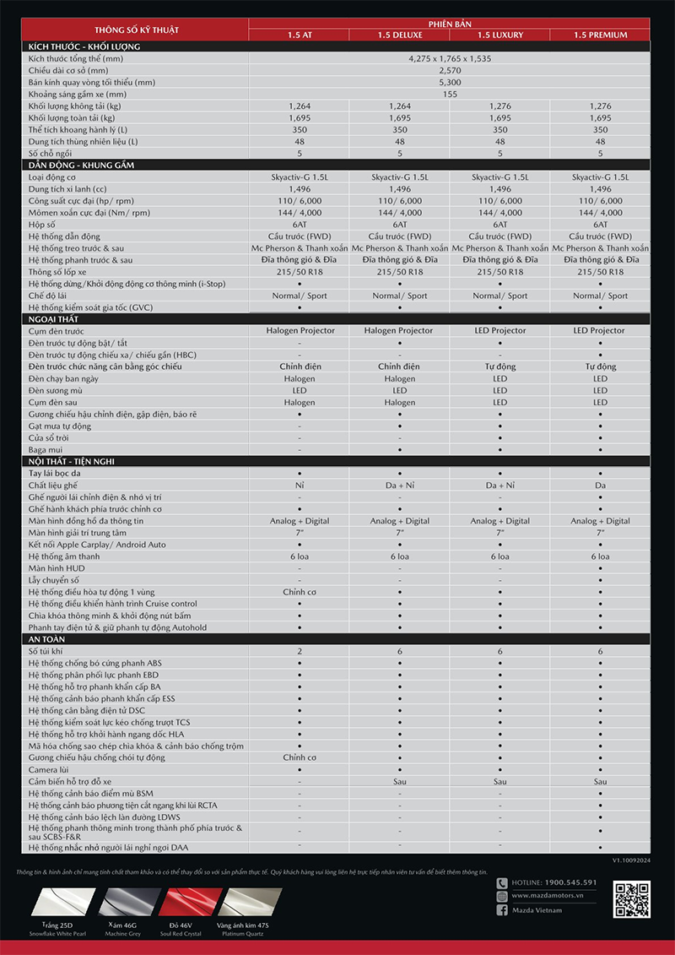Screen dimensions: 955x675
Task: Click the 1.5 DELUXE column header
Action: point(400,35)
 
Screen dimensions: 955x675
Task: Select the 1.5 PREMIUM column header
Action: point(600,35)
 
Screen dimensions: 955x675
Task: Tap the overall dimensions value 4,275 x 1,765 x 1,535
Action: point(449,59)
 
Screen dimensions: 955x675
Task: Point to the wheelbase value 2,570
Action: point(449,71)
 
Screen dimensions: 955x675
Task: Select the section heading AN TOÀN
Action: point(47,639)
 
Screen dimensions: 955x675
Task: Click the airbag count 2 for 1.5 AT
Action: point(300,651)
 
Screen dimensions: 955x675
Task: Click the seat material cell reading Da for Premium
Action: point(600,486)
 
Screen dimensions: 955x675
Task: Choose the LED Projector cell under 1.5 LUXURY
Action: point(499,330)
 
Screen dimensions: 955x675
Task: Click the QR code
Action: point(631,898)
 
